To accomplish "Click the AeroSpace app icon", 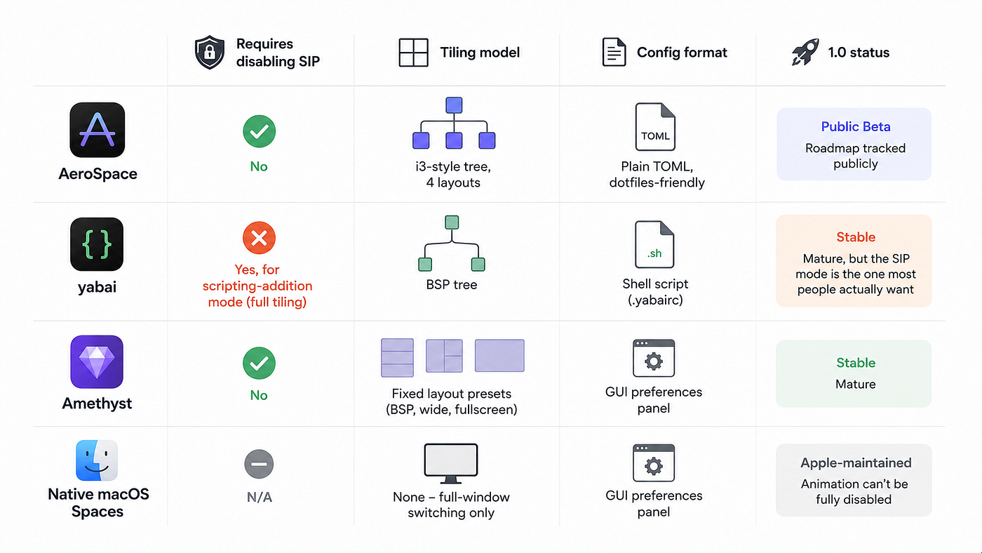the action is tap(97, 130).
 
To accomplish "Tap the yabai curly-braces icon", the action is tap(97, 244).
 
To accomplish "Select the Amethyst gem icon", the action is tap(97, 362).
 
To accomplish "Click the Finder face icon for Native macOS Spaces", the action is tap(97, 460).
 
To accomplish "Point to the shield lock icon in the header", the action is tap(210, 52).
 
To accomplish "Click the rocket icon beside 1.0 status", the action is tap(805, 52).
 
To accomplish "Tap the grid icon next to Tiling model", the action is tap(413, 53).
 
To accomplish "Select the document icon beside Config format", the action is tap(614, 52).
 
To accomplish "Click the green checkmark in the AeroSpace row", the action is tap(259, 131).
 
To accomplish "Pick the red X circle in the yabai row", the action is tap(259, 238).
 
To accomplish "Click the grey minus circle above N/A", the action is tap(259, 464).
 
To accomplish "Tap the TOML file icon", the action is tap(655, 127).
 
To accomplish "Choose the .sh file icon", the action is tap(654, 244).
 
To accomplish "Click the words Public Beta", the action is tap(856, 127).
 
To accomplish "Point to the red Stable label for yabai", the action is tap(856, 237).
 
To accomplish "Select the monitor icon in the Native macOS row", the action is tap(450, 463).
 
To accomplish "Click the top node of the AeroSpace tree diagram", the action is tap(454, 105).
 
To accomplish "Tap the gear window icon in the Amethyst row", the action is tap(654, 358).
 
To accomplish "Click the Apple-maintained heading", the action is tap(856, 462).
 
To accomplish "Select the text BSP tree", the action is tap(452, 285).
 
